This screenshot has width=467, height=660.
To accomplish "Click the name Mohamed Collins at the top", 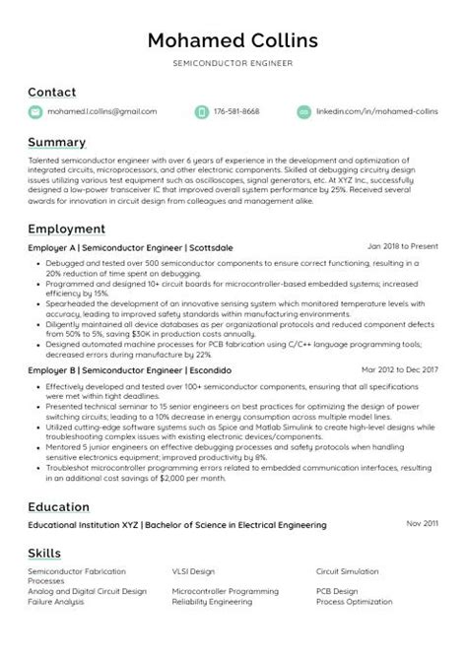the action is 233,40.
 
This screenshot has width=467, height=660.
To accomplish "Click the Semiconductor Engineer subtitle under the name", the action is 233,62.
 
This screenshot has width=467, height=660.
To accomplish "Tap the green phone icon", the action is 202,112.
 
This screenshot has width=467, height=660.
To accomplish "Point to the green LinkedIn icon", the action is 303,112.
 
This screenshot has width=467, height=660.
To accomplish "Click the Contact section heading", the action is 51,92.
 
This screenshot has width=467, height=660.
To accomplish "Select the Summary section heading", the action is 56,142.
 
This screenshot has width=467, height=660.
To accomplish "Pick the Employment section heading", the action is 66,229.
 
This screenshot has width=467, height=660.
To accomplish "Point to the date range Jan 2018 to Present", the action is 402,246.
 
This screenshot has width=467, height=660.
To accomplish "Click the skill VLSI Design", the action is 193,571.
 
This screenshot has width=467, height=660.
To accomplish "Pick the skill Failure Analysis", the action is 55,600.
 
